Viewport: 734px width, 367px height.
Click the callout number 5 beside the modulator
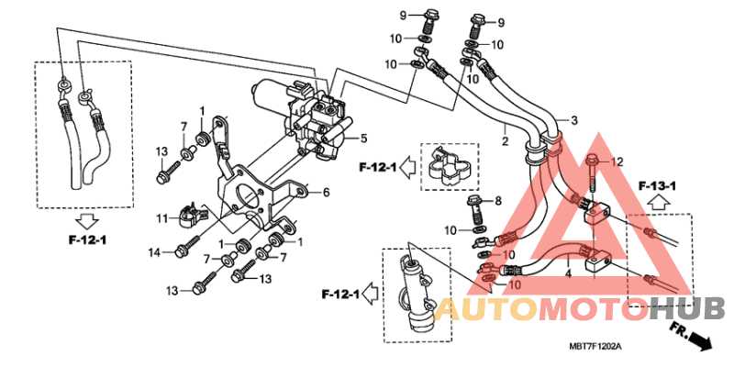(363, 139)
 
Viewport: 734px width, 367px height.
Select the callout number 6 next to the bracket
(325, 193)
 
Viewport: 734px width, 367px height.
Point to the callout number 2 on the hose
(504, 141)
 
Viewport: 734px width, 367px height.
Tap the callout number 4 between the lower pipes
(568, 273)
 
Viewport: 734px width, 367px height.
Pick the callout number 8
(497, 200)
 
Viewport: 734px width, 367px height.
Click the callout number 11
(162, 217)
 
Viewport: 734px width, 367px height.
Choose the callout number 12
(617, 162)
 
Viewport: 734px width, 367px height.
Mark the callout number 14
(154, 252)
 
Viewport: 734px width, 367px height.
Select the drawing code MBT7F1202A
(595, 347)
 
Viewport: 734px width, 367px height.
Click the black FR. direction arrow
(699, 340)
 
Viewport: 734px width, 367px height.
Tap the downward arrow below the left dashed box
(87, 221)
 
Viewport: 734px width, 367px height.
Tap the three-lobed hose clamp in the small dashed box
(449, 168)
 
